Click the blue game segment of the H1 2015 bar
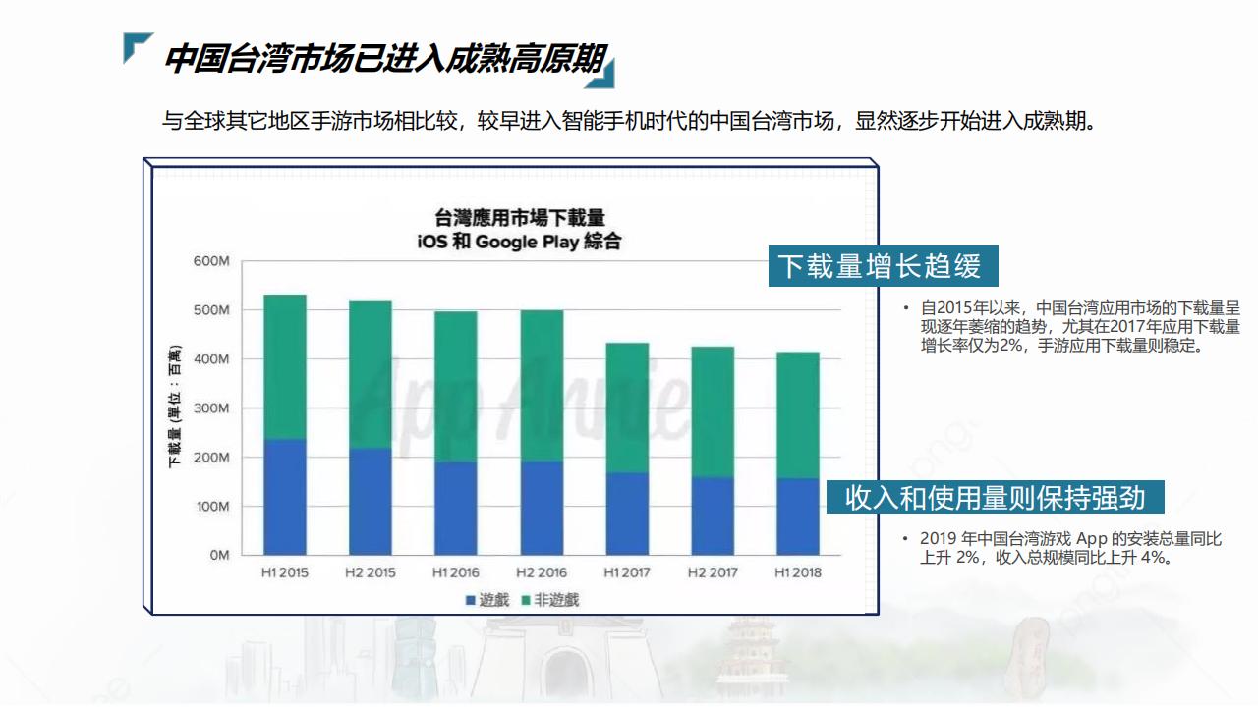pyautogui.click(x=285, y=497)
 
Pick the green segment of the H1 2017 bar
pyautogui.click(x=627, y=408)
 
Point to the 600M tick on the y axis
pyautogui.click(x=210, y=261)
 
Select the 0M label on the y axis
pyautogui.click(x=218, y=555)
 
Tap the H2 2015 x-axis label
pyautogui.click(x=371, y=572)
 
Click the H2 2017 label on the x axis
pyautogui.click(x=713, y=572)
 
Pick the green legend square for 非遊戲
pyautogui.click(x=526, y=600)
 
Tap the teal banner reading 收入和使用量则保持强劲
pyautogui.click(x=995, y=497)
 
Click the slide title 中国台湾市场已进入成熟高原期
pyautogui.click(x=383, y=59)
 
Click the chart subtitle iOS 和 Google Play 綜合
pyautogui.click(x=520, y=242)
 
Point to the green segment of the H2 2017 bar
pyautogui.click(x=712, y=412)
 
